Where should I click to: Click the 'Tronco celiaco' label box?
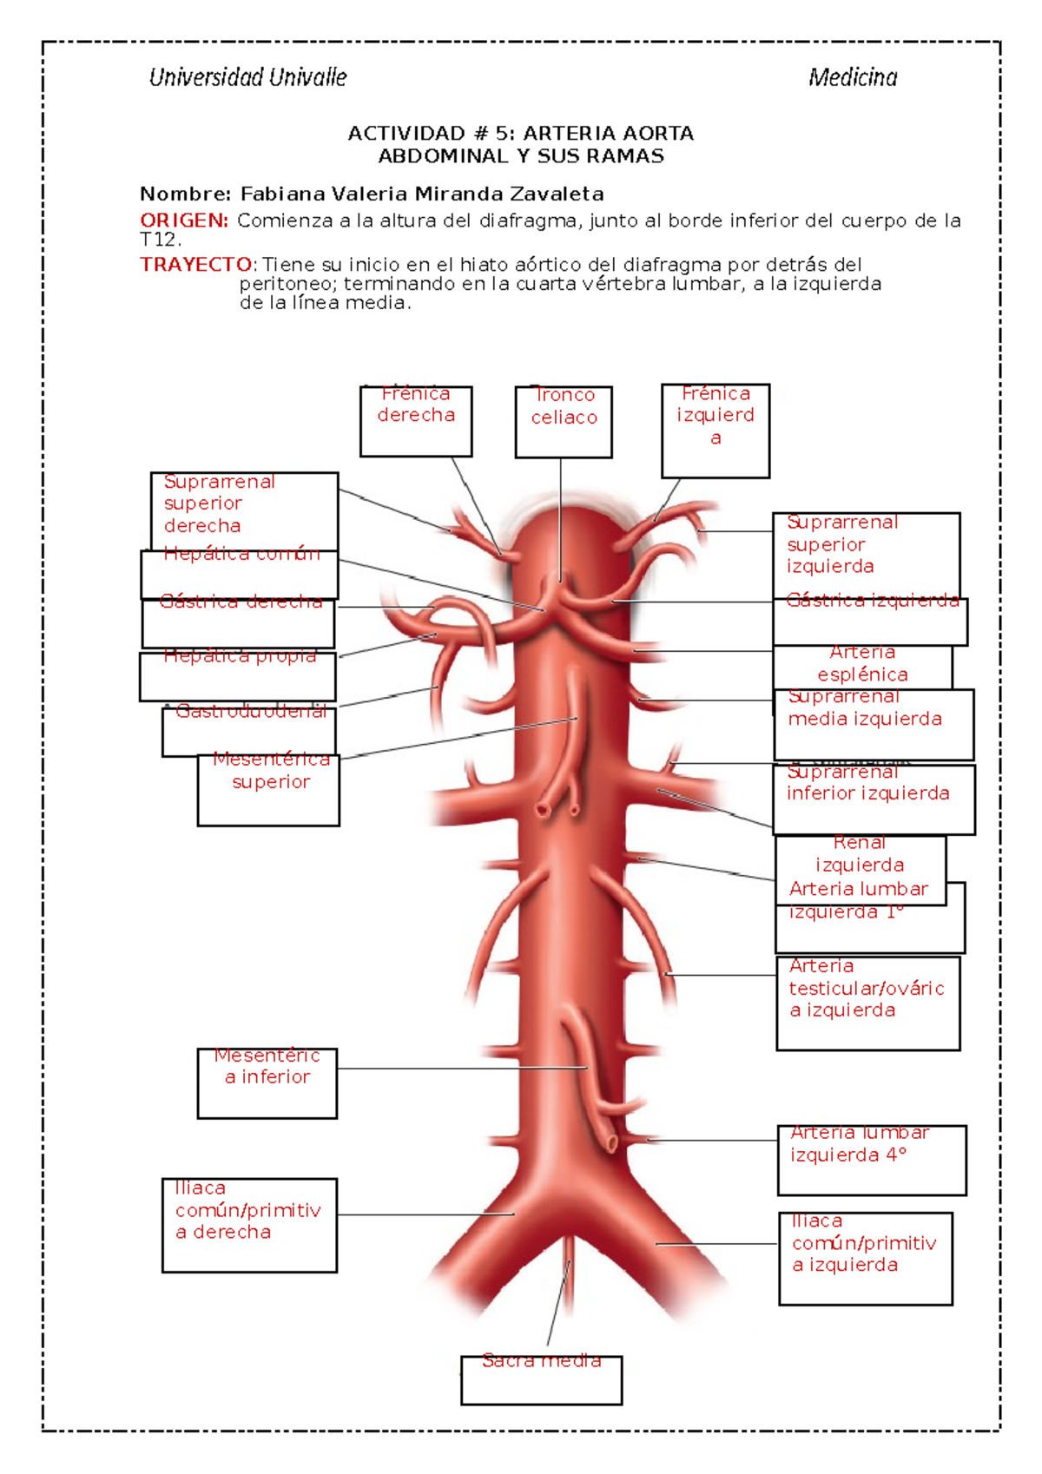564,421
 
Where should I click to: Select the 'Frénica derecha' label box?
416,421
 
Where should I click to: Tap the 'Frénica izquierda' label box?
716,431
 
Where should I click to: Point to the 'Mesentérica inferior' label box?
267,1082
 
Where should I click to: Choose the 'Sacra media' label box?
542,1379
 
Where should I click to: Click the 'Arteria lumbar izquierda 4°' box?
872,1160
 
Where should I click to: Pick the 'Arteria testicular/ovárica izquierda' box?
868,1003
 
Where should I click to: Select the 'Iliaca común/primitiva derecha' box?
249,1225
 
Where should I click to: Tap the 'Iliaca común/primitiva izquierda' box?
866,1258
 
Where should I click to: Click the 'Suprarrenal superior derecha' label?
220,504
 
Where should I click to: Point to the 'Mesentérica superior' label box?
269,788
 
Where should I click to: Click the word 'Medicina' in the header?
853,78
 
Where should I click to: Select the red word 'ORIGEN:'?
184,220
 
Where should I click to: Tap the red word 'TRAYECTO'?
196,265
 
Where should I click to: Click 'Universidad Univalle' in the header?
248,78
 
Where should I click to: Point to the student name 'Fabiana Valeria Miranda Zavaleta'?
422,194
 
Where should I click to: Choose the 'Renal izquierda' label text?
860,854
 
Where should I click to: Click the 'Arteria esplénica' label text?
862,663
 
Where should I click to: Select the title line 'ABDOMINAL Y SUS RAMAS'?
521,156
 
